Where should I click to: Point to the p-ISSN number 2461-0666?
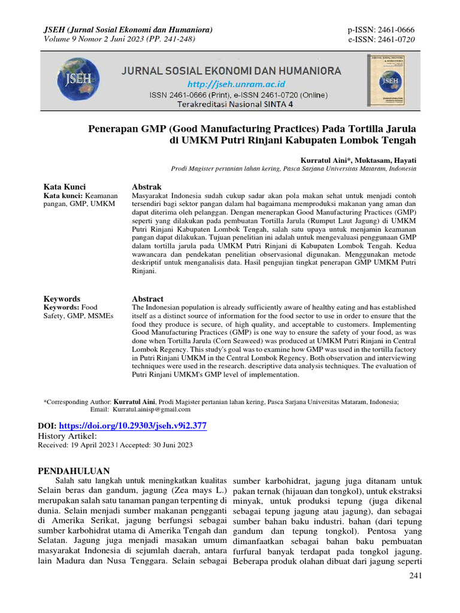tap(393, 30)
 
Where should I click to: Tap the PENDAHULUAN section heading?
tap(74, 470)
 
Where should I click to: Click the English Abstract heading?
tap(147, 299)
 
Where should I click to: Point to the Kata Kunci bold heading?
tap(65, 187)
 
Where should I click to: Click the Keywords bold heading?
tap(62, 299)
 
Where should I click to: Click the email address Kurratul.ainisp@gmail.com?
tap(150, 410)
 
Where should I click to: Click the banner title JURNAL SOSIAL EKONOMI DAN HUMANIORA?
tap(232, 71)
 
